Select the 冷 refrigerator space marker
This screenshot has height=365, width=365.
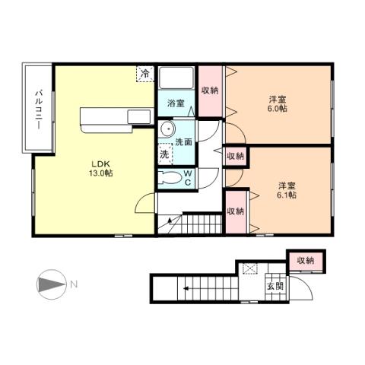click(144, 74)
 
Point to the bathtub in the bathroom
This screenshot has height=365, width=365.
click(175, 81)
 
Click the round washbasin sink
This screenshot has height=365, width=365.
click(167, 129)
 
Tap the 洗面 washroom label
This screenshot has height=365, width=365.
click(183, 141)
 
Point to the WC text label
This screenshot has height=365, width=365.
click(187, 178)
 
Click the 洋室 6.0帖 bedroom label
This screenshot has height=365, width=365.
click(277, 104)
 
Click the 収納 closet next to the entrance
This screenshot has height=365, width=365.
click(306, 260)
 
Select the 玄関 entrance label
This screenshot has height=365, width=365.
click(272, 286)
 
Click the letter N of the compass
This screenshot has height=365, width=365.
click(73, 285)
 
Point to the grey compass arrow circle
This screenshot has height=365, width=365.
click(48, 285)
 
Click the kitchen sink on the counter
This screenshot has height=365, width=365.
click(139, 116)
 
